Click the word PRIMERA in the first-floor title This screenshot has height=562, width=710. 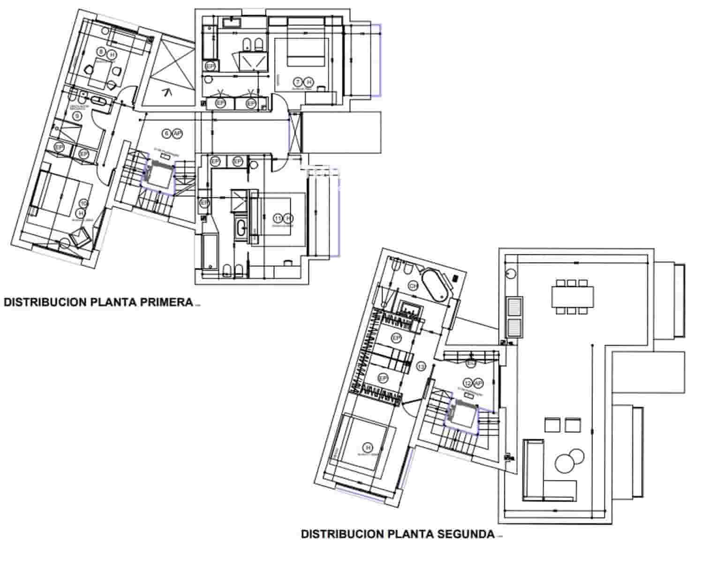pos(166,302)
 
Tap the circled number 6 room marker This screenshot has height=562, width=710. pos(166,133)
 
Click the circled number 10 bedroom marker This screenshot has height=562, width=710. pos(83,203)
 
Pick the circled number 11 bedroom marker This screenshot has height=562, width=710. pos(279,218)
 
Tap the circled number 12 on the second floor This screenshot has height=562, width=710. pos(468,384)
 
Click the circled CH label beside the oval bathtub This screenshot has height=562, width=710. pos(413,286)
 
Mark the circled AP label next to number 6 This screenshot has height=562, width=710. pos(177,133)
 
